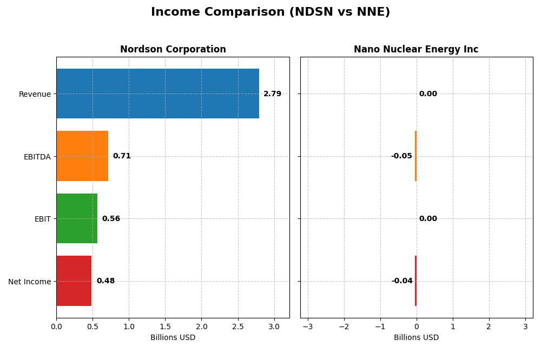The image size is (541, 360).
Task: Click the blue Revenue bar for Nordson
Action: (157, 94)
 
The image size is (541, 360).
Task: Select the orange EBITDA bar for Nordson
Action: (82, 156)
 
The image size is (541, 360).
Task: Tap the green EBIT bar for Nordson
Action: (77, 218)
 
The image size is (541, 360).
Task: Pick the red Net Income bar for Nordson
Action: (74, 281)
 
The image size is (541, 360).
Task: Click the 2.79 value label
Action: (272, 94)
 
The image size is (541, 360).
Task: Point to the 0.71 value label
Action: (122, 156)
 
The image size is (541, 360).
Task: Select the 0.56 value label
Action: (111, 219)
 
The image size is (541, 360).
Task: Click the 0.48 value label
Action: (105, 281)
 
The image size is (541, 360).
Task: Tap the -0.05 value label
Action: (401, 156)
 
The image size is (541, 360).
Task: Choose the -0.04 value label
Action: (402, 281)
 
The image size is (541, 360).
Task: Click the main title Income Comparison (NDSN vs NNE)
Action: (270, 12)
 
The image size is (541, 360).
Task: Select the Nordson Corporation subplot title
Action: (173, 50)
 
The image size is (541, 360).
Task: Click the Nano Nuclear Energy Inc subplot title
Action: (416, 50)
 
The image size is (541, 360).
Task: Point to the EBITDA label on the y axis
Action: (37, 157)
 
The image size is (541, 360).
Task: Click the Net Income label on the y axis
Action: (29, 282)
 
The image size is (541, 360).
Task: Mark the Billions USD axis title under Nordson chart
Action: (173, 338)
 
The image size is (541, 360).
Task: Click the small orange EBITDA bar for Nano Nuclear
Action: (415, 156)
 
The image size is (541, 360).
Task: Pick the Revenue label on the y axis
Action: (35, 94)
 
